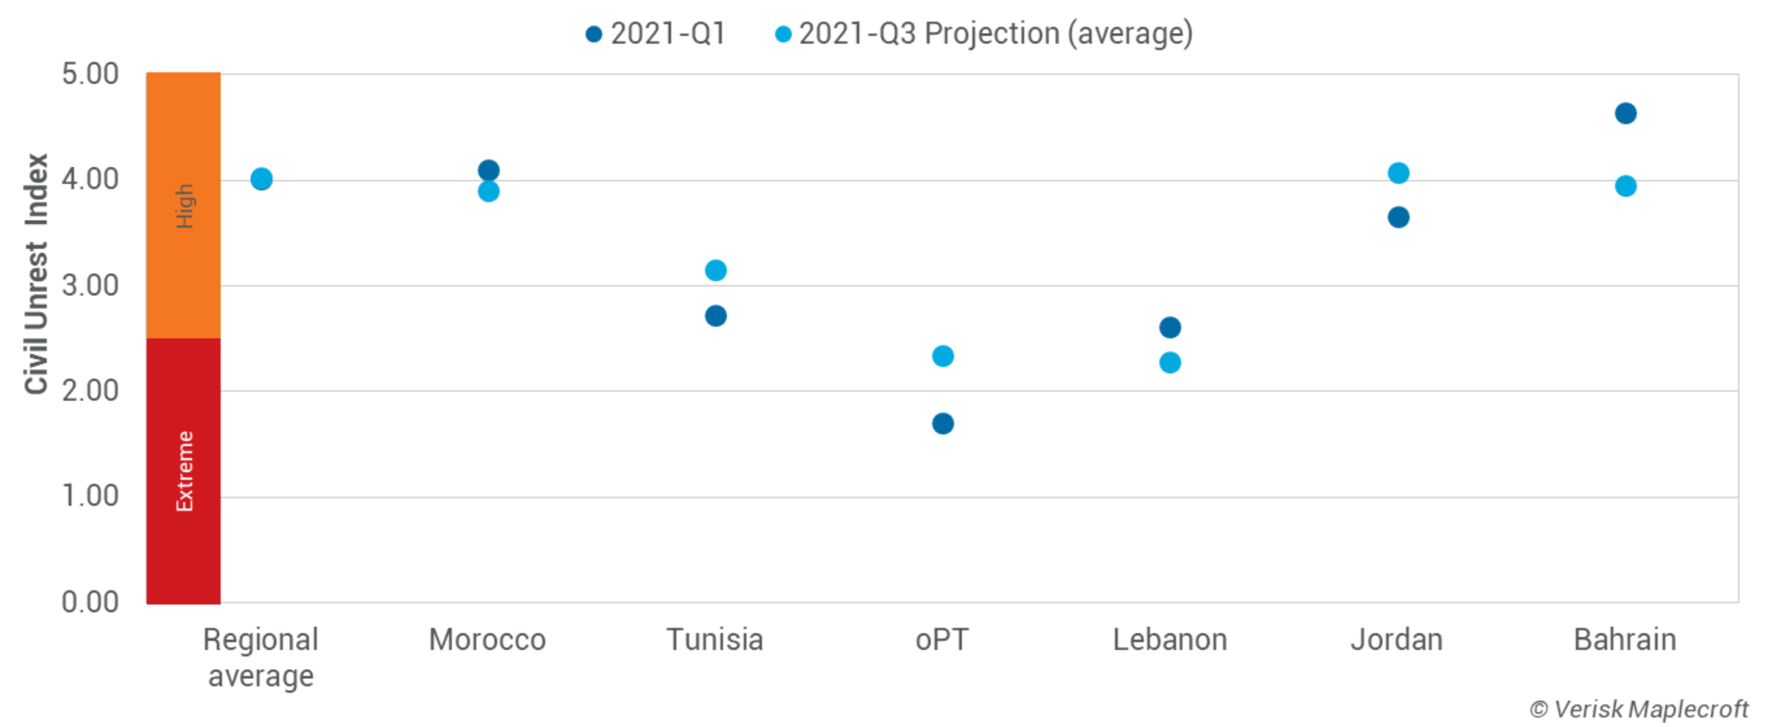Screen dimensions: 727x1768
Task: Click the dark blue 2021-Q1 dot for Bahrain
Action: [1625, 113]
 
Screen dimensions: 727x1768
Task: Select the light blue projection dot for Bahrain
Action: [1625, 186]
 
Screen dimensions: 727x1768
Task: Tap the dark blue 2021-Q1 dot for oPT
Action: [942, 423]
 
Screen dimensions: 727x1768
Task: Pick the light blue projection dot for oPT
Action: [942, 356]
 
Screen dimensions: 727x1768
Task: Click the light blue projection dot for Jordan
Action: [1398, 173]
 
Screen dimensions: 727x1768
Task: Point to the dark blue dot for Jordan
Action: [1398, 217]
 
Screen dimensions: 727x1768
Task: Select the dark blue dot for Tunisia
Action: [716, 316]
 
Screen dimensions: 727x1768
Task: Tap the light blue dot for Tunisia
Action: [716, 270]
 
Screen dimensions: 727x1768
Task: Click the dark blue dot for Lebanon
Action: [1169, 327]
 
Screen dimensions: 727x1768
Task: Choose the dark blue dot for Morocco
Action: [488, 170]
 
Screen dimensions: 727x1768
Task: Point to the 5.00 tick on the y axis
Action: [90, 74]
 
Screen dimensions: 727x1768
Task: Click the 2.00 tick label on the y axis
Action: [90, 390]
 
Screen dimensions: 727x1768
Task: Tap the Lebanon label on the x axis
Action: [1169, 640]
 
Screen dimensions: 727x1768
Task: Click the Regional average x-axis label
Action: [260, 657]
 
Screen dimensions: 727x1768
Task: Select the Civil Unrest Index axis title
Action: [36, 273]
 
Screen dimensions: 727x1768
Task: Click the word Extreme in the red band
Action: [184, 471]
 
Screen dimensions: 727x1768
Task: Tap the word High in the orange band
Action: [184, 205]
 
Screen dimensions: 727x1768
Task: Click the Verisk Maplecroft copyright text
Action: [1638, 709]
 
